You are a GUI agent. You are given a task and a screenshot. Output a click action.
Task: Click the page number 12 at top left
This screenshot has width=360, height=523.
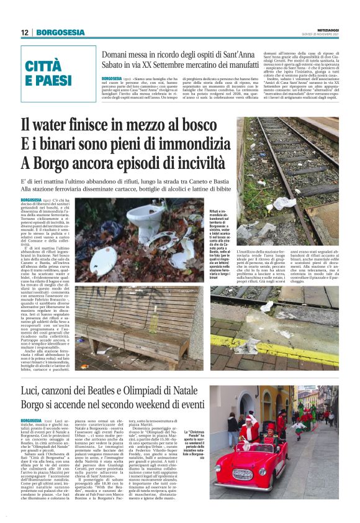[25, 32]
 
